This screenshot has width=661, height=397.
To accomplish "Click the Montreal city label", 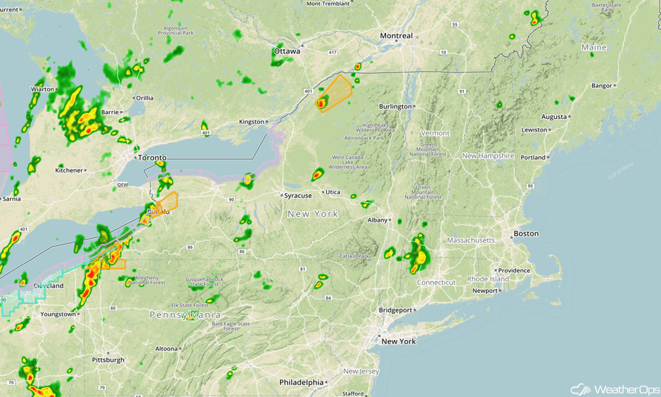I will tap(396, 36).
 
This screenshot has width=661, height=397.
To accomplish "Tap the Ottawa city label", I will tap(287, 51).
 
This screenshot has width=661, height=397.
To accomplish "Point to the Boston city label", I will tap(526, 234).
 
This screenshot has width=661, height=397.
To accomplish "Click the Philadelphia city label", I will tap(301, 382).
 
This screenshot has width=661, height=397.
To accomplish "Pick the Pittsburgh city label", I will tap(108, 360).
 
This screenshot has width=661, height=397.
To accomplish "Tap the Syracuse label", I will tap(297, 196).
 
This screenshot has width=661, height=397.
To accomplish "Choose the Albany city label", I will tap(378, 220).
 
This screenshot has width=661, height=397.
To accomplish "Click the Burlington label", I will tap(395, 106).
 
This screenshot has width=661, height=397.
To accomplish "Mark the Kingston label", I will tap(251, 122).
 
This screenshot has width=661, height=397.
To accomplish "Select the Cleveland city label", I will tap(49, 286).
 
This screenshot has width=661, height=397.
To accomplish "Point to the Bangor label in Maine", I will tap(602, 86).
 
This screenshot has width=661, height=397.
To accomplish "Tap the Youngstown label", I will tap(58, 314).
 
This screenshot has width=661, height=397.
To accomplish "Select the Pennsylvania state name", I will tap(186, 315).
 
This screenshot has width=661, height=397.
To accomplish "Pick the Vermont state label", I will tap(435, 133).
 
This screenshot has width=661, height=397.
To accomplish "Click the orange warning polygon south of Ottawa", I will tap(335, 93).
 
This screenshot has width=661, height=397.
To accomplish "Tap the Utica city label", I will tap(332, 192).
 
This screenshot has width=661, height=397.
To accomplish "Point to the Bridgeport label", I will tap(395, 310).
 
